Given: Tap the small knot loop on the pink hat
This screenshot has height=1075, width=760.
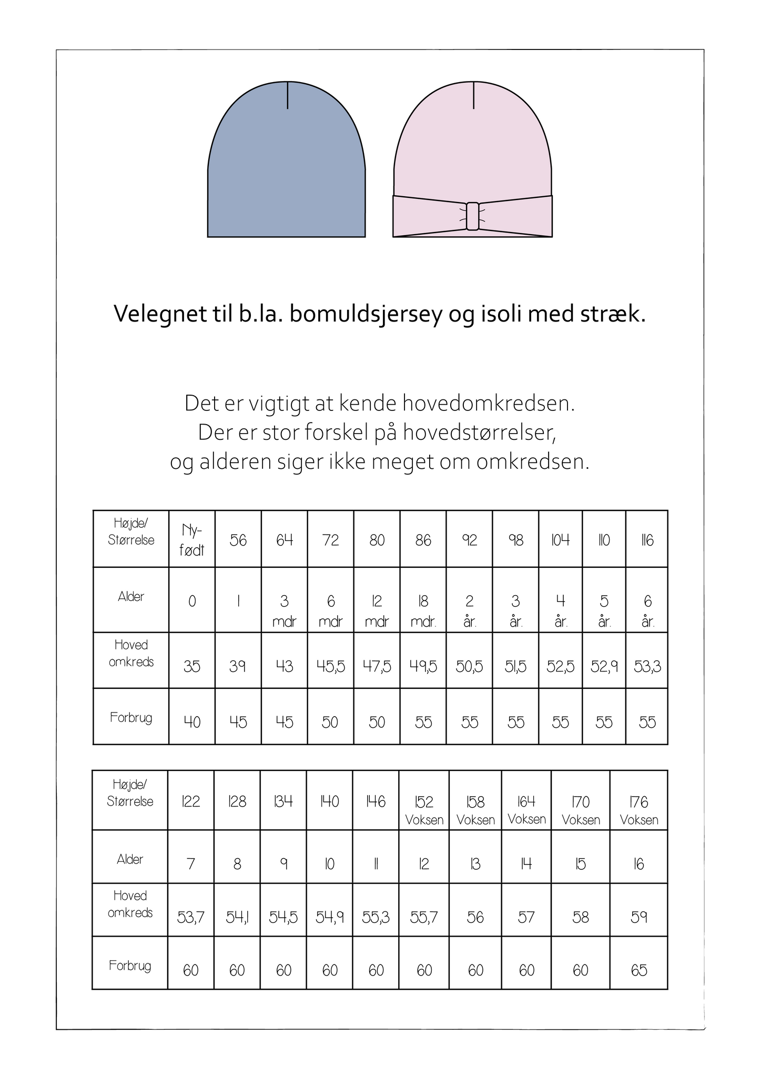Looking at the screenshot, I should click(x=472, y=216).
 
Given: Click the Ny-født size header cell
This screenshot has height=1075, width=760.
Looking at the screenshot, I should click(x=192, y=540).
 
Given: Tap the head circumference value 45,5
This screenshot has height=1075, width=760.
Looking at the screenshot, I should click(x=331, y=666).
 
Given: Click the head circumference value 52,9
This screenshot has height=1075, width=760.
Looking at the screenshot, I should click(x=604, y=666).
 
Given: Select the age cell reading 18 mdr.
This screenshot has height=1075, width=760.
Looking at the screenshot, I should click(x=423, y=610).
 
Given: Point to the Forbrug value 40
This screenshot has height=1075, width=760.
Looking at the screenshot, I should click(x=192, y=721).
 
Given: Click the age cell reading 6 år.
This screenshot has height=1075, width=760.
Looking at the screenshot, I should click(x=647, y=610).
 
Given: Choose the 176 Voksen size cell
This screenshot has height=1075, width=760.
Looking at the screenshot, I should click(x=639, y=810).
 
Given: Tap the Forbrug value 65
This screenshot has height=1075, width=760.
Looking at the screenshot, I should click(x=639, y=970).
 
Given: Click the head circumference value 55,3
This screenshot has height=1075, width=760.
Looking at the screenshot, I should click(x=376, y=917).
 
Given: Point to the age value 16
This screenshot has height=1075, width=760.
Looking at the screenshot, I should click(x=639, y=864).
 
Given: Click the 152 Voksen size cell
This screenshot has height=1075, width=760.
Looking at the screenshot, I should click(x=424, y=810).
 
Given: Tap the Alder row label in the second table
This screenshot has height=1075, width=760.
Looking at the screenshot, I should click(x=130, y=859).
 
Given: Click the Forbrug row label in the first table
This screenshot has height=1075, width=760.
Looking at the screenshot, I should click(x=131, y=718).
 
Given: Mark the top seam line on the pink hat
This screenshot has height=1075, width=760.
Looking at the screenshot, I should click(x=473, y=95).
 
